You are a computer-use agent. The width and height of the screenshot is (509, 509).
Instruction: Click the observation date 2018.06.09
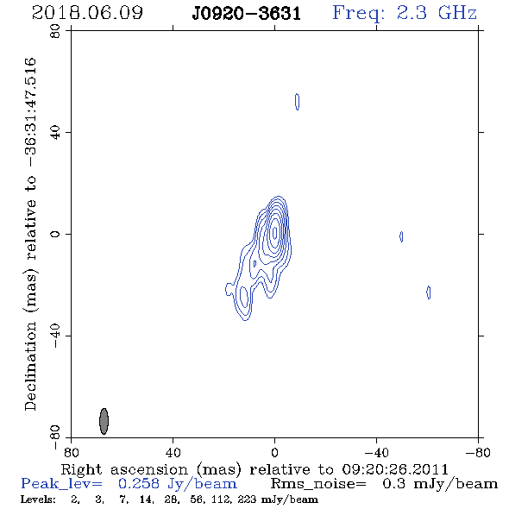click(x=87, y=13)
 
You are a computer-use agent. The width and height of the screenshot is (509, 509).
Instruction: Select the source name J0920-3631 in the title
click(x=246, y=14)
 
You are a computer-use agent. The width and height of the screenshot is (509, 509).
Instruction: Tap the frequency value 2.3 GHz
click(x=437, y=13)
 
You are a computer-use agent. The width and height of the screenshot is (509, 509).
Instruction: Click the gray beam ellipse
click(x=104, y=421)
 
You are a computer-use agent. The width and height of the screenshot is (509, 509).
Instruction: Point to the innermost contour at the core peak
click(x=275, y=232)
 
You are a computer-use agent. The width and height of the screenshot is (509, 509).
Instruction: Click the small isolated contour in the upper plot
click(x=297, y=102)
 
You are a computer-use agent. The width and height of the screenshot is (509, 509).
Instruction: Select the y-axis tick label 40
click(x=55, y=133)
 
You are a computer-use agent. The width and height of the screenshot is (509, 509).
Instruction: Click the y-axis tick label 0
click(x=55, y=234)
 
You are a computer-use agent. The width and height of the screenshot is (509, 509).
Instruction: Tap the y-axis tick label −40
click(x=55, y=336)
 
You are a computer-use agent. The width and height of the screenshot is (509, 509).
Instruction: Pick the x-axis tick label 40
click(x=173, y=453)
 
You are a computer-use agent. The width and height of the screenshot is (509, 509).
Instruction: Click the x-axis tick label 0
click(x=274, y=453)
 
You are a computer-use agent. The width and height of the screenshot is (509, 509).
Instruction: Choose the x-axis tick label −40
click(x=376, y=453)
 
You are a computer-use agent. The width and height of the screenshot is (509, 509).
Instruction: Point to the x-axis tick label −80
click(x=478, y=453)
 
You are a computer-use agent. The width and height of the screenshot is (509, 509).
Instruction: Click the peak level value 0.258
click(x=139, y=484)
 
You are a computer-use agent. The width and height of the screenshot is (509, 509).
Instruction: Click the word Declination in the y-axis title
click(x=30, y=366)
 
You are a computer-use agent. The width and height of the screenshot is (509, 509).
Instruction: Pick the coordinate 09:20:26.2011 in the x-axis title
click(x=395, y=469)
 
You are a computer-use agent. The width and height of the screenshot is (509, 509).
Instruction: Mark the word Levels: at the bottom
click(x=38, y=499)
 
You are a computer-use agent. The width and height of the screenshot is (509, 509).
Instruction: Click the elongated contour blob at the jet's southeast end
click(x=244, y=298)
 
